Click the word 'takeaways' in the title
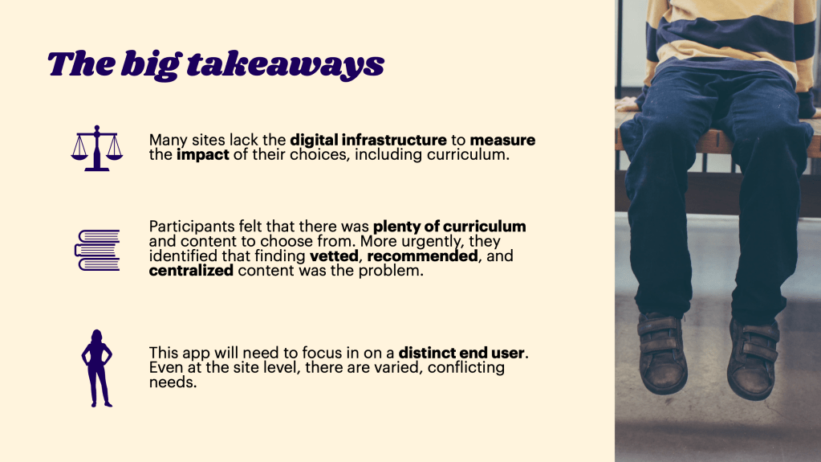pos(286,64)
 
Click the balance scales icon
pos(97,149)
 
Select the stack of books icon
pos(97,250)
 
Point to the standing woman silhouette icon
pos(97,368)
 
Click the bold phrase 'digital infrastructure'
pos(368,140)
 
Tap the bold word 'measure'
pos(502,140)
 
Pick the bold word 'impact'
pos(202,155)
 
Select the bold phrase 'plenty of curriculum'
pos(449,227)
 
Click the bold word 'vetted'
pos(334,256)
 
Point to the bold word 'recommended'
pos(423,256)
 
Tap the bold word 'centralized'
pos(191,271)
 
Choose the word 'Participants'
pos(191,227)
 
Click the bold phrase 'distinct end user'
pos(461,353)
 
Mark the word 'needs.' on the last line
pos(173,382)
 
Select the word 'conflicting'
pos(466,368)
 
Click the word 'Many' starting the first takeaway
pos(168,141)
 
